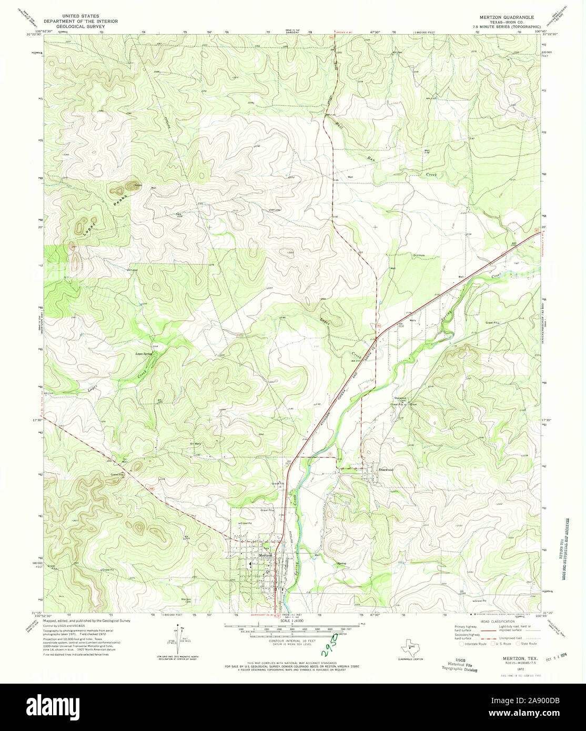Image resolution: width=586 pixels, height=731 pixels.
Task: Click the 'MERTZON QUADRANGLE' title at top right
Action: pyautogui.click(x=506, y=17)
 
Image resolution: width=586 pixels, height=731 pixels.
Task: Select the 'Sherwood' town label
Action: pyautogui.click(x=386, y=470)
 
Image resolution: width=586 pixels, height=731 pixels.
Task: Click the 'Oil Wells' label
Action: pyautogui.click(x=196, y=444)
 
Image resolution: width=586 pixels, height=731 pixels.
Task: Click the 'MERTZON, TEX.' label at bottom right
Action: pyautogui.click(x=510, y=657)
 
